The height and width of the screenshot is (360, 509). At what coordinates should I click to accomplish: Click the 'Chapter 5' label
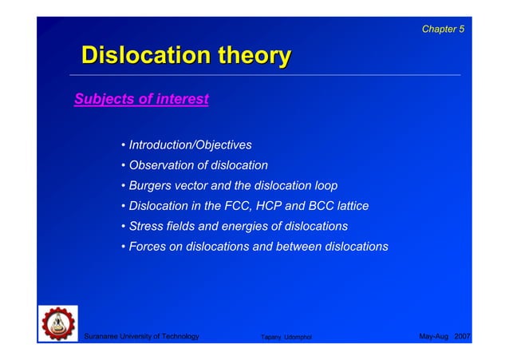pos(443,30)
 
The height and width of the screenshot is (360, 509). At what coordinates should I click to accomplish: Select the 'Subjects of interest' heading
pos(141,100)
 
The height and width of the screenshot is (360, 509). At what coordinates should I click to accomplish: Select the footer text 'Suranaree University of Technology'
pos(141,337)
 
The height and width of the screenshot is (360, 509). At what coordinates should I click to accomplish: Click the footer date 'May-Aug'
pos(434,337)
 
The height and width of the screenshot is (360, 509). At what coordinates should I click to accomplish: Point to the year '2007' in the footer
pos(463,337)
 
